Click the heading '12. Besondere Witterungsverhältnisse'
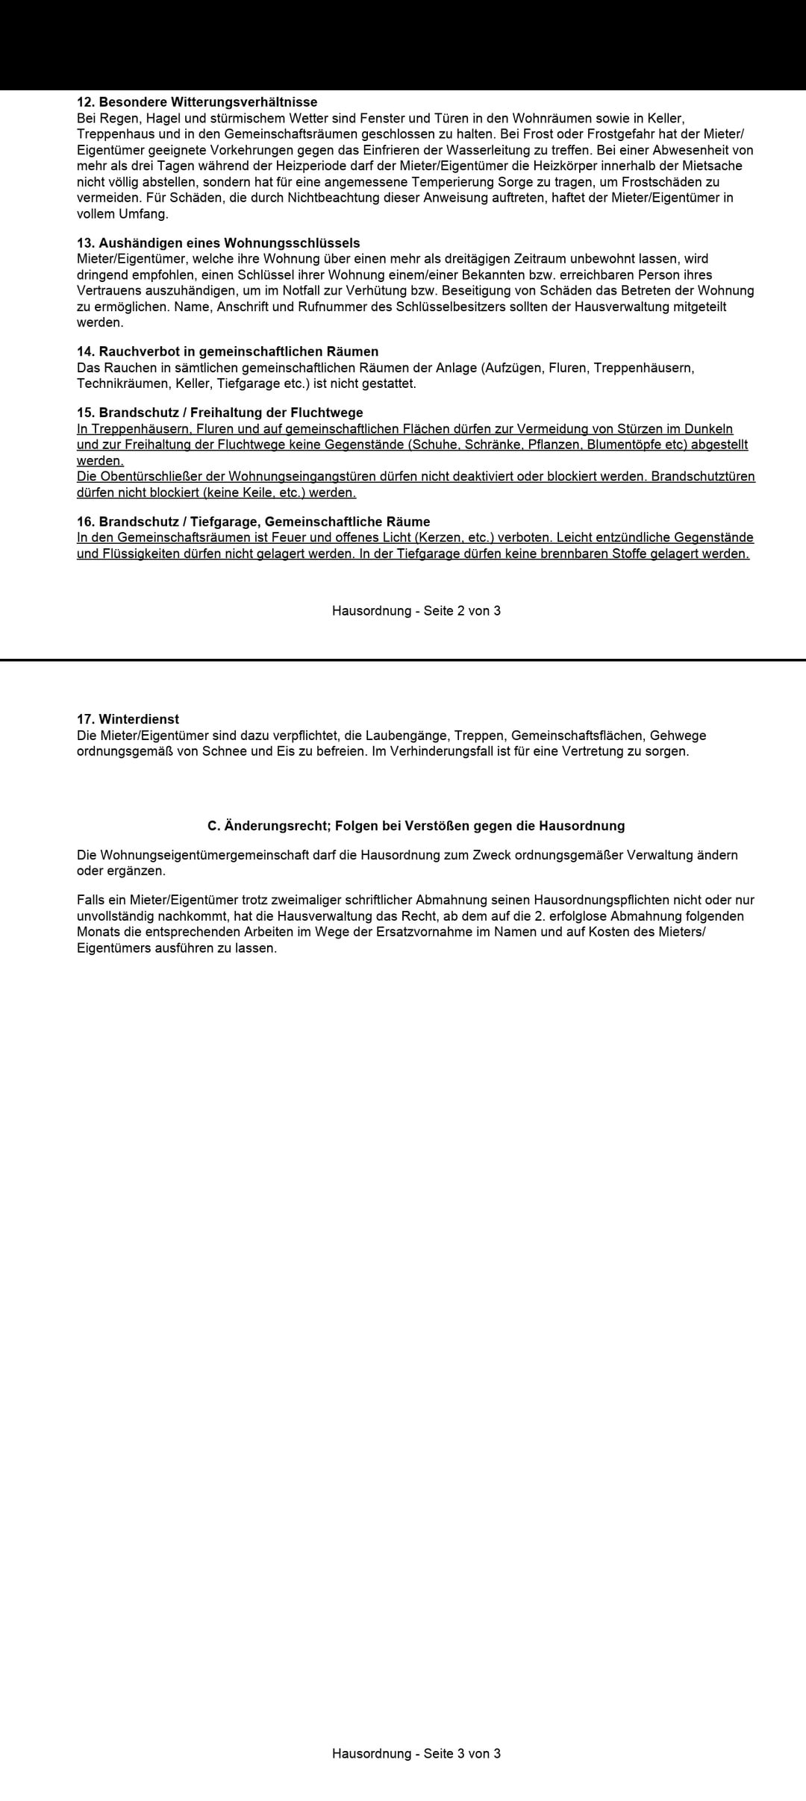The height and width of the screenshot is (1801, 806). tap(197, 102)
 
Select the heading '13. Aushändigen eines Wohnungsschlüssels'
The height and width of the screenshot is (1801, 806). tap(218, 243)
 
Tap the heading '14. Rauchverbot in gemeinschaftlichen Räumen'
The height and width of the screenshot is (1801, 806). tap(228, 351)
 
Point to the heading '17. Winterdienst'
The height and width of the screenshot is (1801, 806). tap(128, 719)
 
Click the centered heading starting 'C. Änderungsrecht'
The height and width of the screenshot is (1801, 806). tap(416, 826)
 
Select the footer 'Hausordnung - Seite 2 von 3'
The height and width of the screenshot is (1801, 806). tap(416, 611)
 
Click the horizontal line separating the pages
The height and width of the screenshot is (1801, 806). tap(403, 660)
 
